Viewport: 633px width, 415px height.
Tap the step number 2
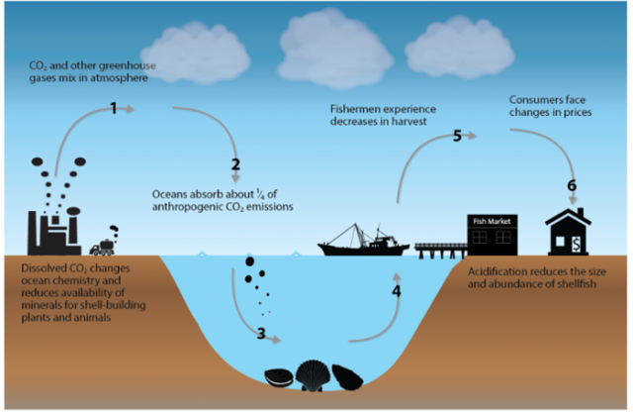tap(235, 165)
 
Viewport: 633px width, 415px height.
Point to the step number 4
tap(397, 292)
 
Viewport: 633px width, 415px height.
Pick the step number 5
tap(457, 137)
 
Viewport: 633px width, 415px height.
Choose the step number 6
tap(571, 185)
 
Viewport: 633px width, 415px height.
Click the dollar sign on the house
tap(574, 242)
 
